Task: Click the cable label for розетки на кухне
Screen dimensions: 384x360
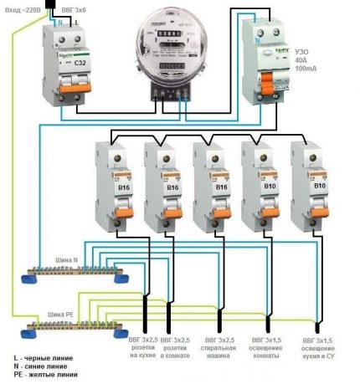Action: (143, 348)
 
